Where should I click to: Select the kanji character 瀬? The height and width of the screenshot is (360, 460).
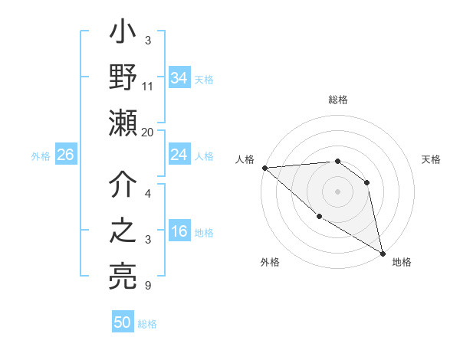point(123,123)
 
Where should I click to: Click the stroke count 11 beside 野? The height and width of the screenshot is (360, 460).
point(148,86)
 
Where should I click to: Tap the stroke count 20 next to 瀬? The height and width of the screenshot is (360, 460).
point(148,132)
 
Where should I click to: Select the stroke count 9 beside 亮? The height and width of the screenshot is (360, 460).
point(148,286)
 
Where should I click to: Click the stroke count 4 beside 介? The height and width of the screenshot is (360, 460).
point(148,194)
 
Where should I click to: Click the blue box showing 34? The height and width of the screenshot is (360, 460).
point(179,77)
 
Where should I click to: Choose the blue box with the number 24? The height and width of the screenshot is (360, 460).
point(179,155)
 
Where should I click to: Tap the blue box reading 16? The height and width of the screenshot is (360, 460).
point(179,232)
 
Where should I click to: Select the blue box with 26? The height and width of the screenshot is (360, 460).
point(65,155)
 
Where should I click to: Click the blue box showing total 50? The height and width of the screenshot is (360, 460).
point(123,322)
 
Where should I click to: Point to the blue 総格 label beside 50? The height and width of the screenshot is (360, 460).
point(147,324)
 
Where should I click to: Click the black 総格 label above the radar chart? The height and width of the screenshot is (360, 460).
point(338,100)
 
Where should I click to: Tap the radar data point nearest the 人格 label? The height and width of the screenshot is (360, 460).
point(264,167)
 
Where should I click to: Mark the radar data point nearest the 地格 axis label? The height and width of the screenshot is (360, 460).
point(383,252)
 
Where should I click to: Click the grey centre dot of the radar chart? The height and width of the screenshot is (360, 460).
point(337,191)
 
